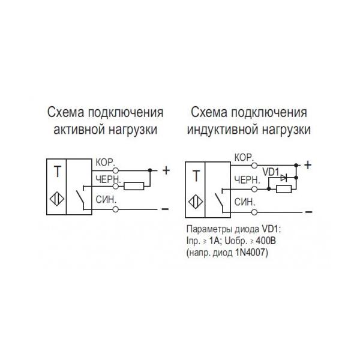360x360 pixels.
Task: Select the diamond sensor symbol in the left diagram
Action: point(58,199)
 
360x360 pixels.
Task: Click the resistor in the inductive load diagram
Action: point(283,190)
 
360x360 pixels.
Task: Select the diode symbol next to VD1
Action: point(285,178)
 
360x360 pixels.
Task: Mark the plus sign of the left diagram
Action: point(166,170)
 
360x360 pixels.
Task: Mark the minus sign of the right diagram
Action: point(308,211)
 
